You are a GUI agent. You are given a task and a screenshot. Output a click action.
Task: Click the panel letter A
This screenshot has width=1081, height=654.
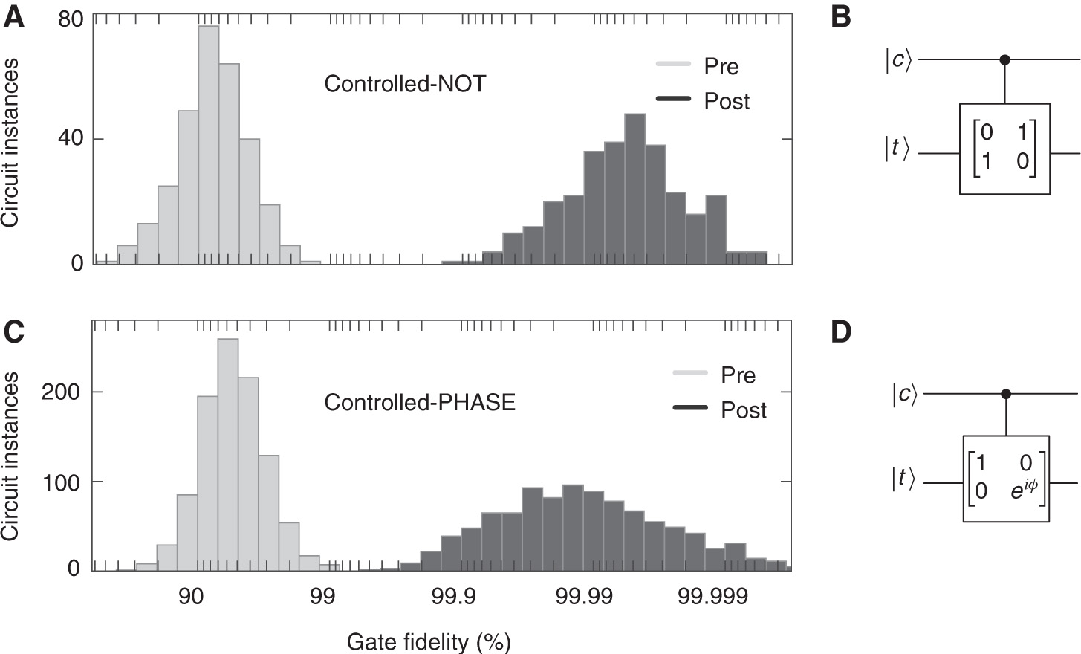click(x=14, y=16)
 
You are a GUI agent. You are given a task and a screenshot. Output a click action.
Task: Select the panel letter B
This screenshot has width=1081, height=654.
click(x=840, y=16)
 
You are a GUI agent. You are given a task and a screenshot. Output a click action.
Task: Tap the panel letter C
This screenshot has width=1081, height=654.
click(x=14, y=332)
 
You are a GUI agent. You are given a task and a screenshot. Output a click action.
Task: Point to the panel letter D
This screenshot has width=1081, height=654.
click(x=841, y=332)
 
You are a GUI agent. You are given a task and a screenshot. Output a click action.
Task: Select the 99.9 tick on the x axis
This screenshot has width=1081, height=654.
click(x=453, y=598)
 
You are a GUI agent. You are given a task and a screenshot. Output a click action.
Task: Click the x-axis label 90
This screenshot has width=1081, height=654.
click(x=192, y=598)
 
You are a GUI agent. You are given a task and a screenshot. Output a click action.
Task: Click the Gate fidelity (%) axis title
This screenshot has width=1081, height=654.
click(x=429, y=641)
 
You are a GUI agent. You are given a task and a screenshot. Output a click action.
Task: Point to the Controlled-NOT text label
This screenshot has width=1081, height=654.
click(x=405, y=83)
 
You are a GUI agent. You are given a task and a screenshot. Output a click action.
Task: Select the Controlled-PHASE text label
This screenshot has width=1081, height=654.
click(x=420, y=403)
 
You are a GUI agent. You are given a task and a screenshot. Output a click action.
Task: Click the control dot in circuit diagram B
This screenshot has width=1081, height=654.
click(x=1005, y=59)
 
